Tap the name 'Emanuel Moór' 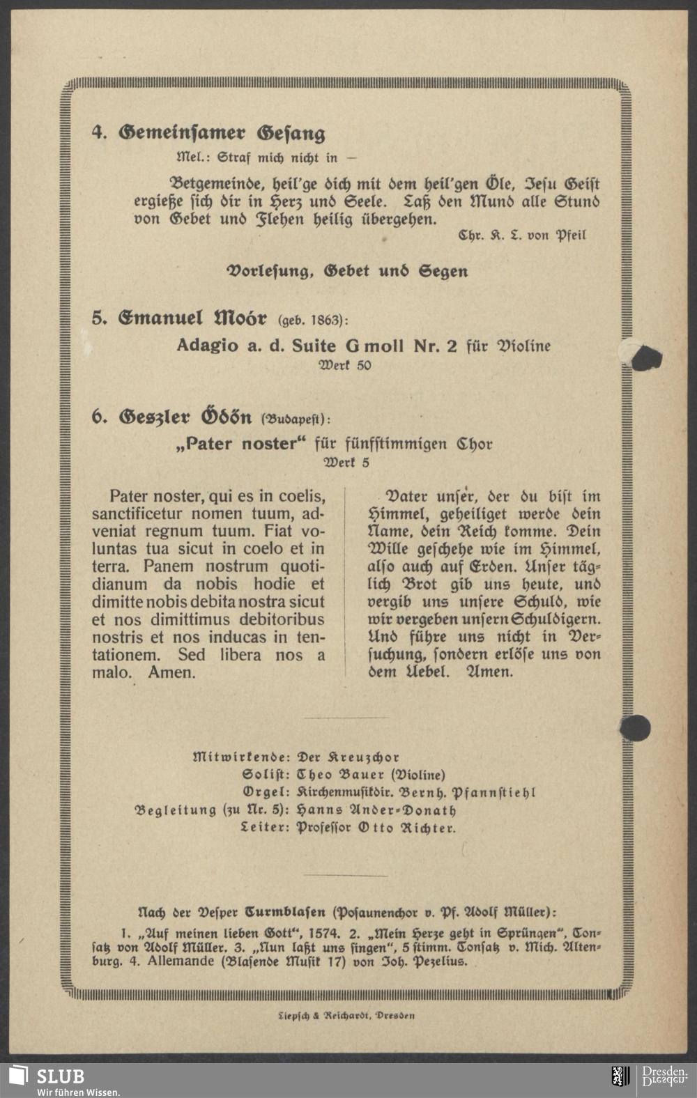point(192,318)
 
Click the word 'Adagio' point(207,346)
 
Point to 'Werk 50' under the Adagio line point(345,365)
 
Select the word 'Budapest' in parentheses point(293,419)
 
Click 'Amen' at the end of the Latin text point(171,672)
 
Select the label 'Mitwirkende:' point(241,757)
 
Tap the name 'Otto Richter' point(406,828)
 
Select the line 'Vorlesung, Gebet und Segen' point(348,271)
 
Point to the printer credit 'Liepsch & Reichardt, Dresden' point(346,1015)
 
